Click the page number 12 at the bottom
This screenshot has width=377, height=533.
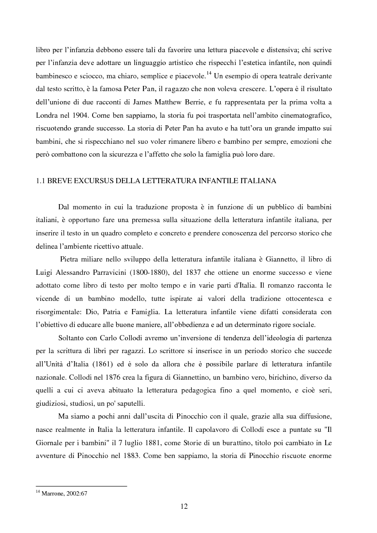tap(184, 506)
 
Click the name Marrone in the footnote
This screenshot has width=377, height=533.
tap(51, 493)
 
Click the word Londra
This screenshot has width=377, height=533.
tap(48, 115)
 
